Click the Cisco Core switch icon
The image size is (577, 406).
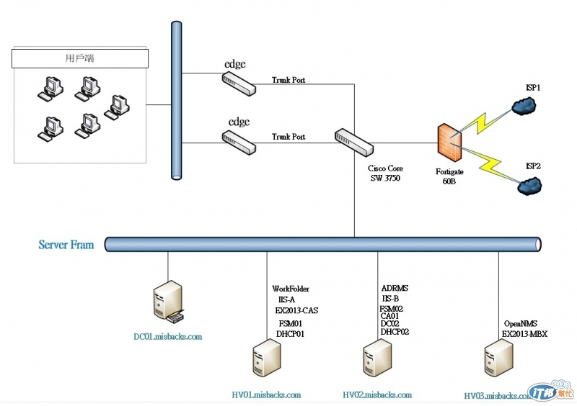(353, 141)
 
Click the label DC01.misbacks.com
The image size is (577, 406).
(168, 336)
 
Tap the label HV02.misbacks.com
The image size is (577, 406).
(377, 394)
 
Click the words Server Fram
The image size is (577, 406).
(66, 245)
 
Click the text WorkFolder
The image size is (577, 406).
(291, 289)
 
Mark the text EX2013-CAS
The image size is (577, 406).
(296, 310)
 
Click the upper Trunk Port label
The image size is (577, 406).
(288, 80)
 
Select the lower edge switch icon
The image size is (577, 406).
(239, 142)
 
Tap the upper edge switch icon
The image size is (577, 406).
(239, 84)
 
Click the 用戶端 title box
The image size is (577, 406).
(80, 58)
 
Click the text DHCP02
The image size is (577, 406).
(395, 332)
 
